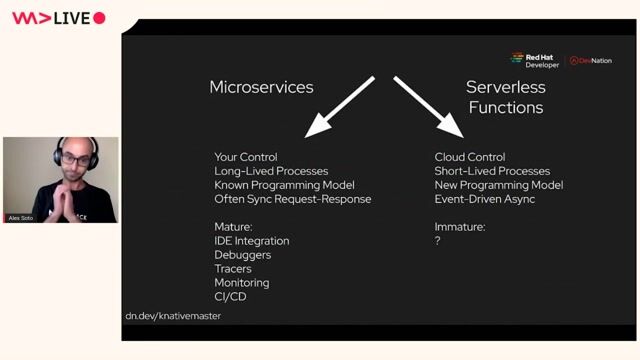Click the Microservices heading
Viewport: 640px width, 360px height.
click(261, 87)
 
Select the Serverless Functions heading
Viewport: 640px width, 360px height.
click(505, 97)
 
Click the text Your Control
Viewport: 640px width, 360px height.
click(245, 157)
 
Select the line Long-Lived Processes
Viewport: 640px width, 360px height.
click(270, 171)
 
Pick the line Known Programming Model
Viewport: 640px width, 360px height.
click(284, 185)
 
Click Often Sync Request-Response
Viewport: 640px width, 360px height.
click(292, 199)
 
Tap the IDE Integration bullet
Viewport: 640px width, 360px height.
click(251, 241)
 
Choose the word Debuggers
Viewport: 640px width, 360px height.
click(241, 255)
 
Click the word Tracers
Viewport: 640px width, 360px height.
click(233, 269)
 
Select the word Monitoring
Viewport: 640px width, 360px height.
click(241, 283)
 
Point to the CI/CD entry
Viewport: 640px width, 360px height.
click(230, 297)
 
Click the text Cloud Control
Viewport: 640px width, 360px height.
click(470, 157)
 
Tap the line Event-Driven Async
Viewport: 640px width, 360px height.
click(484, 199)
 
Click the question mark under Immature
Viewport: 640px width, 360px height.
click(438, 241)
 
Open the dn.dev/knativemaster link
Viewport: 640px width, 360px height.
click(173, 316)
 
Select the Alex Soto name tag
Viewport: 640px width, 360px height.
click(20, 217)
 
